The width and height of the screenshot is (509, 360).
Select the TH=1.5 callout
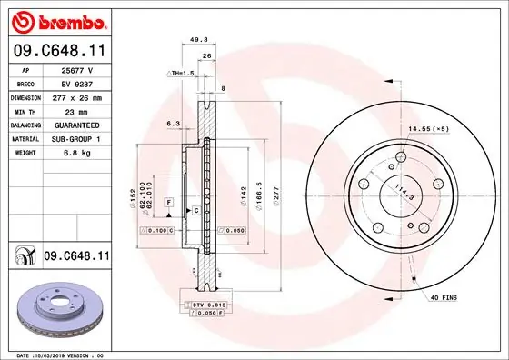[183, 72]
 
